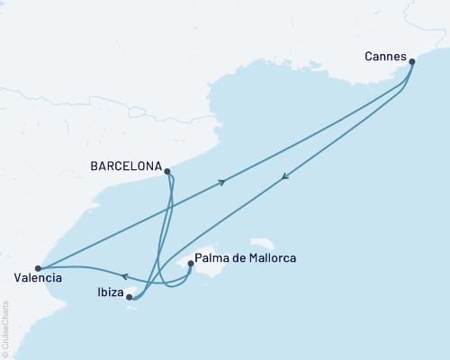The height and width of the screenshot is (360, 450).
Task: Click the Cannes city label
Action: (x=384, y=55)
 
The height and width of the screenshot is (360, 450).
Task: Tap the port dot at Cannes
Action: (x=412, y=62)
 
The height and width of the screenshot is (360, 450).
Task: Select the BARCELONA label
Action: (x=126, y=166)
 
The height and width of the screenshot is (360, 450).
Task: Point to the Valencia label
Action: (x=38, y=279)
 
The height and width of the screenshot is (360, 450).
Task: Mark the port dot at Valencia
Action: (x=37, y=267)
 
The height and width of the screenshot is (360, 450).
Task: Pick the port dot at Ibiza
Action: (x=130, y=296)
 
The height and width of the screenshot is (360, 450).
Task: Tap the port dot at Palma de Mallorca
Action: (x=190, y=264)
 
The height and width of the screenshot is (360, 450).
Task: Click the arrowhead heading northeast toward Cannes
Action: (x=221, y=181)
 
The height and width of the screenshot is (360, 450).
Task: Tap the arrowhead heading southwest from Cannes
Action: (x=284, y=176)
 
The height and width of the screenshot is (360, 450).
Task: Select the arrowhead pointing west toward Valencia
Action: (x=124, y=276)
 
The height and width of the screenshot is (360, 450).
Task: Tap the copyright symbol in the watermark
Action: (x=6, y=354)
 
